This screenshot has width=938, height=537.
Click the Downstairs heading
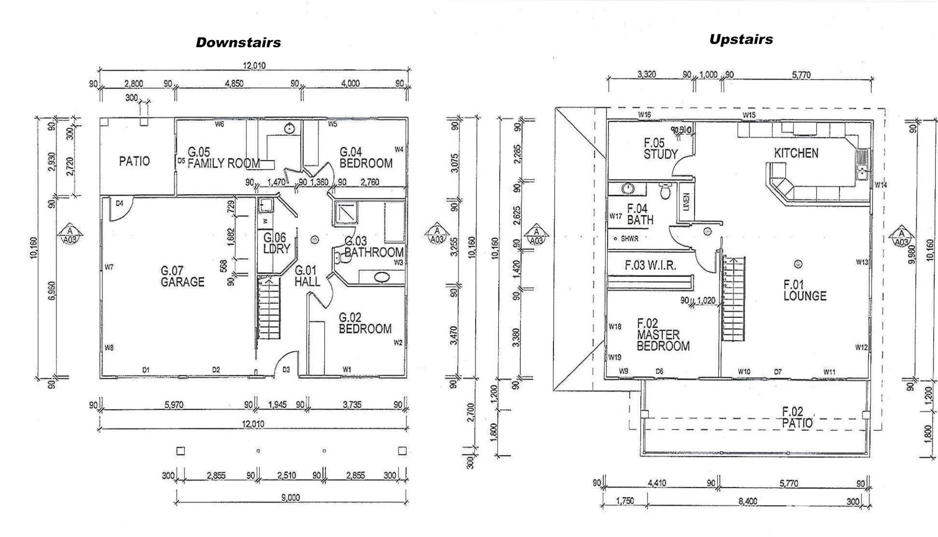tap(238, 43)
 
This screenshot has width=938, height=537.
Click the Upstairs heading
tap(741, 40)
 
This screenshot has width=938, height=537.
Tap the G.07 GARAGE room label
tap(182, 276)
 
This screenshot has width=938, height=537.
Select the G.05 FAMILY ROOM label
tap(223, 158)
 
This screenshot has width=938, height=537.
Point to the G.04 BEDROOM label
tap(366, 158)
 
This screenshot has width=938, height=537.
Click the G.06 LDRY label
tap(276, 243)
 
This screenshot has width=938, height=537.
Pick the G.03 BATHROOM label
tap(374, 247)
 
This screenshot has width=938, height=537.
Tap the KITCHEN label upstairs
tap(796, 153)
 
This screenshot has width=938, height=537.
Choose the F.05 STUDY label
tap(660, 149)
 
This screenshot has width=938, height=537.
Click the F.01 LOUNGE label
tap(804, 290)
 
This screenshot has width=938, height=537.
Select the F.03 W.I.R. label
tap(650, 266)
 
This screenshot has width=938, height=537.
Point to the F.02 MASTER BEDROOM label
tap(662, 335)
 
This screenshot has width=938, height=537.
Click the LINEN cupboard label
tap(686, 202)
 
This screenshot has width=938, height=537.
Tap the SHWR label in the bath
tap(629, 239)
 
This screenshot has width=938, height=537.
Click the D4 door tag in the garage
tap(119, 203)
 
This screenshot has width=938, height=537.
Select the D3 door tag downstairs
tap(286, 370)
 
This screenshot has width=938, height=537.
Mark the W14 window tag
tap(880, 185)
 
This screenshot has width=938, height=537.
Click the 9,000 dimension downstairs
tap(290, 498)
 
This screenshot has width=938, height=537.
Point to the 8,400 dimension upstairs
tap(748, 501)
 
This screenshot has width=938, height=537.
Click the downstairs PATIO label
tap(134, 161)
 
